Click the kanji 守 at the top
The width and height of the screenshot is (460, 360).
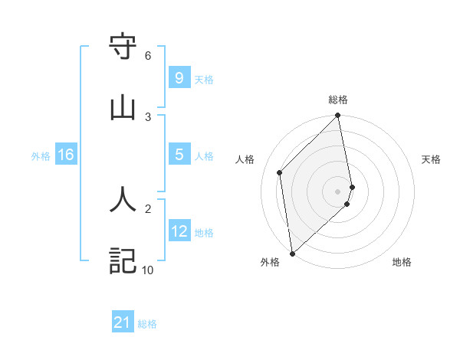pos(123,47)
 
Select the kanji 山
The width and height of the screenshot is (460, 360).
pos(123,108)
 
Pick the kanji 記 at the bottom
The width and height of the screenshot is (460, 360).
pos(123,260)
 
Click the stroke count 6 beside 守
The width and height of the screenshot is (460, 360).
pos(148,56)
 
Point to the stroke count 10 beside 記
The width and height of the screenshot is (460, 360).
pos(147,270)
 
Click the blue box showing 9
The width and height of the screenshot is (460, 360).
pos(179,77)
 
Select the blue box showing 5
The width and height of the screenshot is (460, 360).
pos(179,155)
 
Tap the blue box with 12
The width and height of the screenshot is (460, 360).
pos(179,231)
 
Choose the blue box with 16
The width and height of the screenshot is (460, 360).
pos(66,155)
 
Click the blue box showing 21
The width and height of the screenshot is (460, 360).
pos(123,322)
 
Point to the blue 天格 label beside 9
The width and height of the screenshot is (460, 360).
pos(204,80)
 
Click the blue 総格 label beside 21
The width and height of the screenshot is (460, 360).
pos(147,324)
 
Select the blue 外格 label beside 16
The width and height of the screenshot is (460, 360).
pos(41,156)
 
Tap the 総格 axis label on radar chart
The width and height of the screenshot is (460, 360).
pos(338,100)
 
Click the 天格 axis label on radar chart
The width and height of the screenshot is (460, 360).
pos(432,159)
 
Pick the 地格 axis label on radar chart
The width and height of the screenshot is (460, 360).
pos(402,262)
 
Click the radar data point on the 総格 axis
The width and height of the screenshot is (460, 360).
pos(338,116)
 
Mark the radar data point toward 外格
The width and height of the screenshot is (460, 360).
pos(292,253)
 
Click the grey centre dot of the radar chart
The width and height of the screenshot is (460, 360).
pos(338,191)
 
